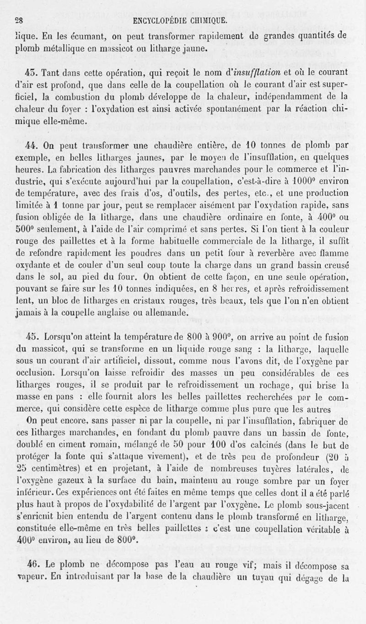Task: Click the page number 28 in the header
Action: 18,21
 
